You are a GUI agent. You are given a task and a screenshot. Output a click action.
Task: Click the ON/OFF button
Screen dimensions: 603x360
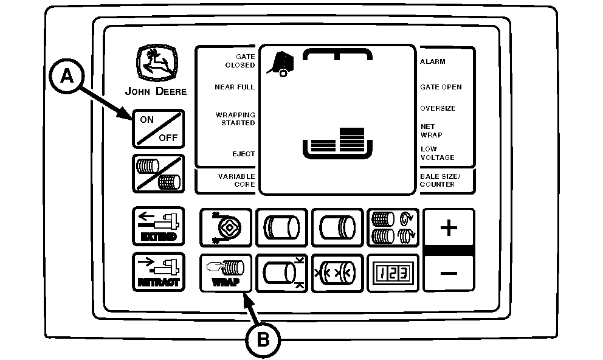click(159, 129)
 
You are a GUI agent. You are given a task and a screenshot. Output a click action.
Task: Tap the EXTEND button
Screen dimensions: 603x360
click(159, 226)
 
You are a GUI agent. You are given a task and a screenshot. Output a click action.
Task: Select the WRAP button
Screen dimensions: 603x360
click(226, 273)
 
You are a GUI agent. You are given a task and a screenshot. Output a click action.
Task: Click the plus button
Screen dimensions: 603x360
click(449, 227)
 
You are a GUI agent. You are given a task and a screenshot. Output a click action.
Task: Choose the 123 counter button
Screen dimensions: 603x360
click(393, 273)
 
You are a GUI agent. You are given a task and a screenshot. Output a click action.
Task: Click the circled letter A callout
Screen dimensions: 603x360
click(67, 76)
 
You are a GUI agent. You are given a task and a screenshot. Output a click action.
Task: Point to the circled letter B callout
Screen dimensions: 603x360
click(263, 340)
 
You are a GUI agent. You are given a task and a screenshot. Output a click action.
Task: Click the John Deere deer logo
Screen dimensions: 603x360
click(157, 63)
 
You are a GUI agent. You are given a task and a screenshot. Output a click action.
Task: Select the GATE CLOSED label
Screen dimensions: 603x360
click(240, 61)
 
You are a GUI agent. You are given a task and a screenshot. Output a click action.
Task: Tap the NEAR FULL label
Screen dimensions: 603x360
click(235, 88)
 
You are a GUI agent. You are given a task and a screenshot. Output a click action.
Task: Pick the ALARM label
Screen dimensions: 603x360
click(433, 61)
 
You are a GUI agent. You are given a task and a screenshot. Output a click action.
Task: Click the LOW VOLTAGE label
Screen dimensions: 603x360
click(437, 153)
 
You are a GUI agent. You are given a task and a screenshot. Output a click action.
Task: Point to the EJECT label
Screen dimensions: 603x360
click(243, 154)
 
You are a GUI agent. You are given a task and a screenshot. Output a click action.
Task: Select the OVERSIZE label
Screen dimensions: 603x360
click(438, 108)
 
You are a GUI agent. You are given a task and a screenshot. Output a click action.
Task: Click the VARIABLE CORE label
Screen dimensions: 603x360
click(236, 180)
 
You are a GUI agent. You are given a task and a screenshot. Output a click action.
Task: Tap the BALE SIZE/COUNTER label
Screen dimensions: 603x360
click(440, 180)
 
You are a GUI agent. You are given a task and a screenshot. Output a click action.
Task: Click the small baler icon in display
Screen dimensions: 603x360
click(280, 64)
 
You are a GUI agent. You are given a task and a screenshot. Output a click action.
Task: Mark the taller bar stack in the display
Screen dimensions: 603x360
click(352, 140)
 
